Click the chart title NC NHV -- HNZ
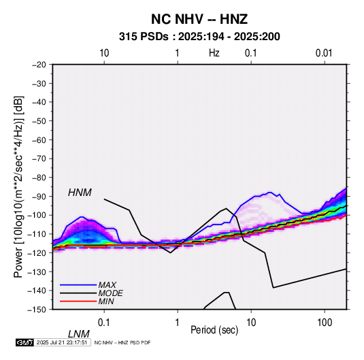pyautogui.click(x=199, y=19)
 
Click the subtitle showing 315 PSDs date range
pyautogui.click(x=199, y=37)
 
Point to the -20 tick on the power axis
pyautogui.click(x=39, y=65)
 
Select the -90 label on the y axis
pyautogui.click(x=39, y=196)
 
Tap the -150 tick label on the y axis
pyautogui.click(x=37, y=310)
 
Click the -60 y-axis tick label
pyautogui.click(x=39, y=140)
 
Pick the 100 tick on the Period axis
pyautogui.click(x=325, y=323)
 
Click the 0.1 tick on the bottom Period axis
pyautogui.click(x=104, y=323)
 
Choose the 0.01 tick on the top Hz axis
pyautogui.click(x=324, y=53)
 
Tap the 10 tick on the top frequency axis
pyautogui.click(x=104, y=53)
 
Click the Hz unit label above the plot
pyautogui.click(x=214, y=53)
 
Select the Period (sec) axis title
pyautogui.click(x=214, y=330)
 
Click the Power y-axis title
pyautogui.click(x=18, y=186)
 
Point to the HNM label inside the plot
pyautogui.click(x=80, y=193)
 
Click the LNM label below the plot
pyautogui.click(x=79, y=334)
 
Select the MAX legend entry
pyautogui.click(x=107, y=284)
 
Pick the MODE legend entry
pyautogui.click(x=110, y=293)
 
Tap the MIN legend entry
pyautogui.click(x=106, y=301)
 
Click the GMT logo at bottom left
pyautogui.click(x=24, y=342)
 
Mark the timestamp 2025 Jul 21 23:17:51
pyautogui.click(x=62, y=342)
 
